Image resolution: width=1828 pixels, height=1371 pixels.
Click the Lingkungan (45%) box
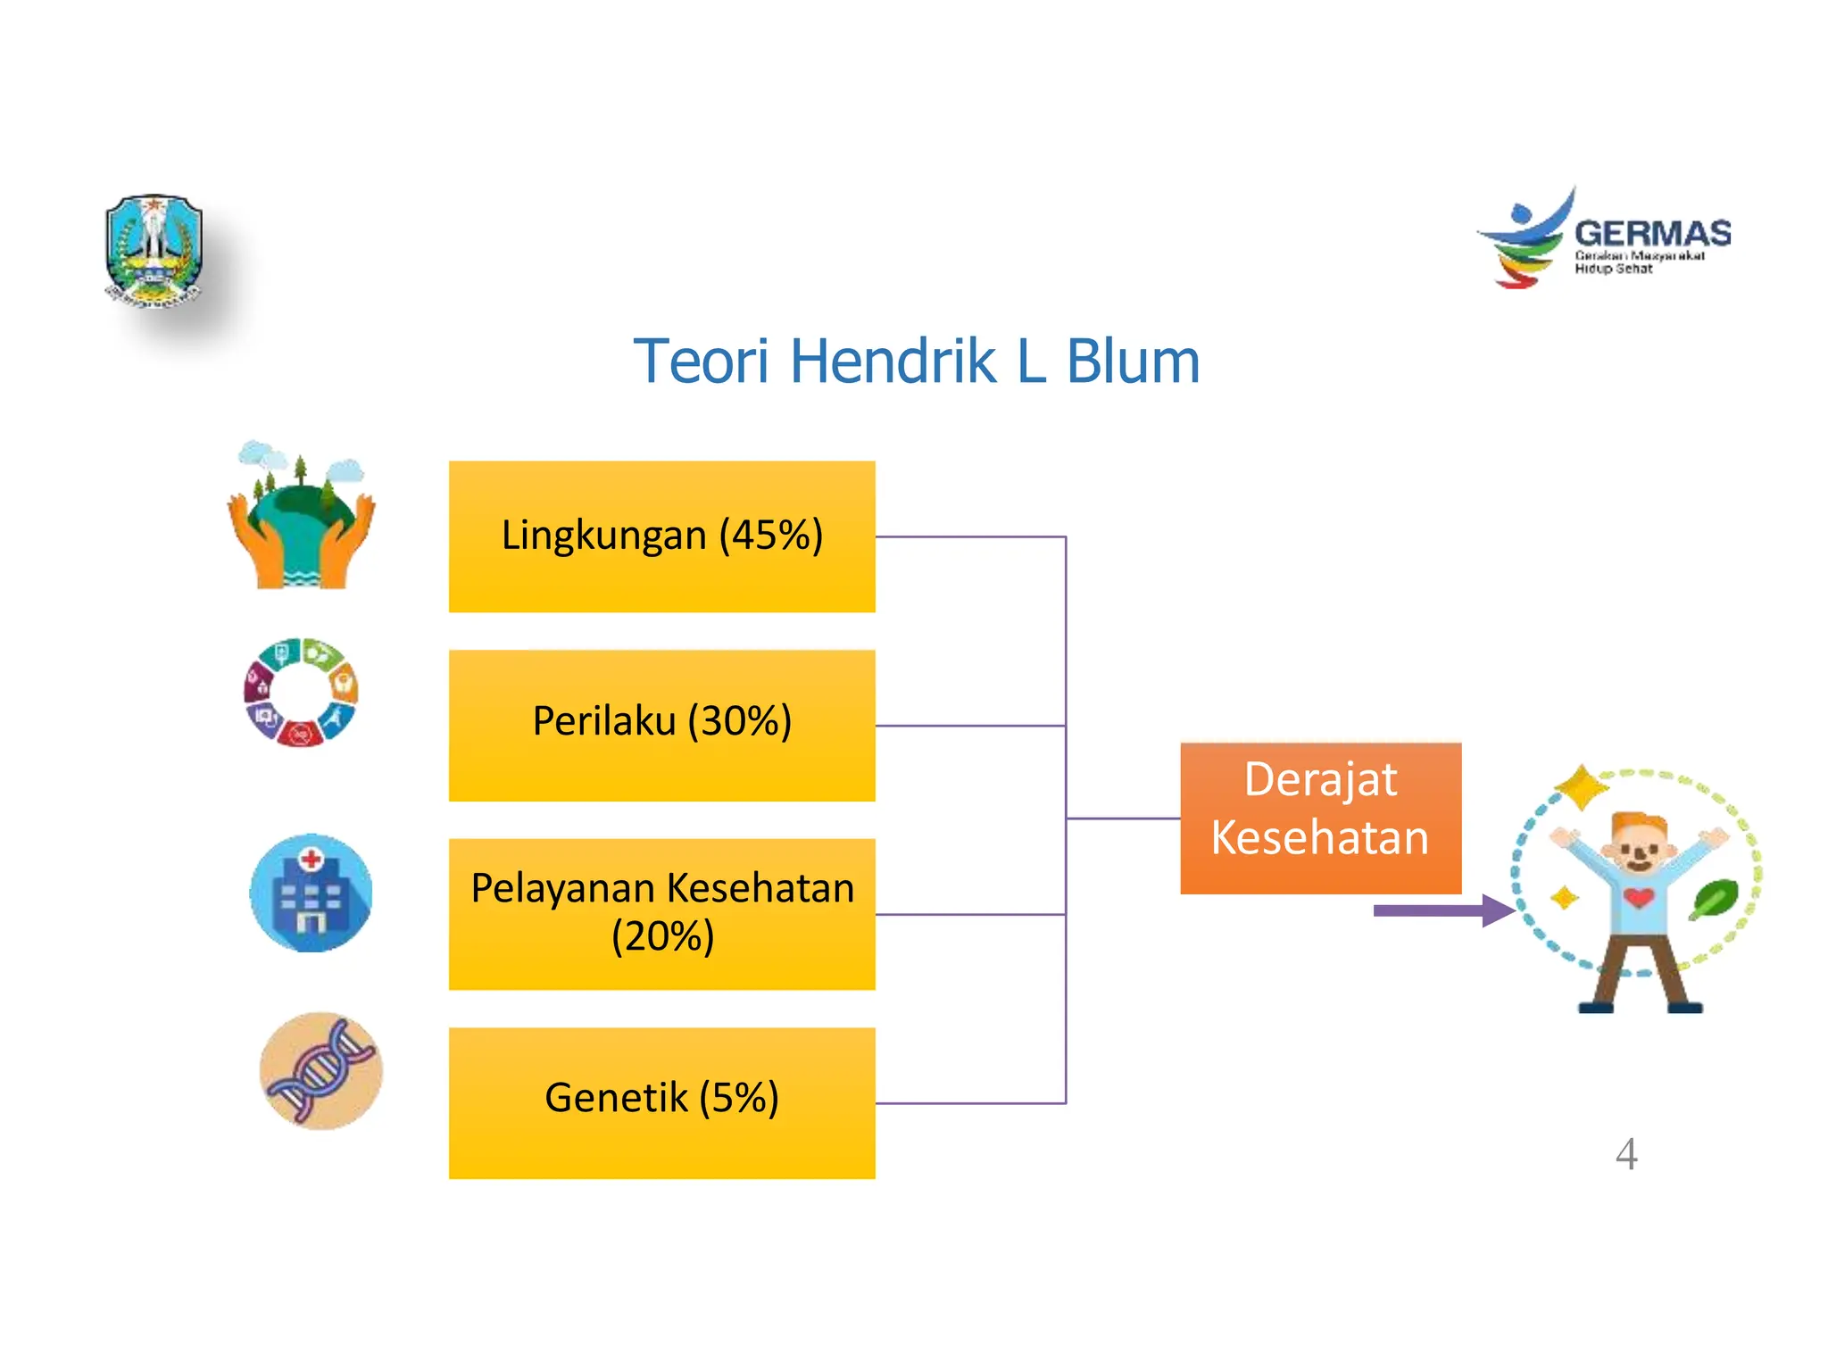tap(661, 536)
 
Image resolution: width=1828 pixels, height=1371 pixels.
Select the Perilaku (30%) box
tap(661, 725)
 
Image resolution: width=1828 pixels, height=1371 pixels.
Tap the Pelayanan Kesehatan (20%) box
tap(661, 913)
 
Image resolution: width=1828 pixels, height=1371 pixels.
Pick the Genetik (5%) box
tap(661, 1102)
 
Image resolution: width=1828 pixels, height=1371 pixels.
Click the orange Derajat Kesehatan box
tap(1320, 817)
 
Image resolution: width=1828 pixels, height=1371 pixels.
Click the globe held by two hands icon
tap(301, 518)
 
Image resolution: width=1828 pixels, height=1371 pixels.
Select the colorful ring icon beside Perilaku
tap(301, 692)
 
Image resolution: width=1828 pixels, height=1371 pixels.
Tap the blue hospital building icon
tap(311, 893)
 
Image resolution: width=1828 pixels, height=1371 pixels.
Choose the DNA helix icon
tap(321, 1070)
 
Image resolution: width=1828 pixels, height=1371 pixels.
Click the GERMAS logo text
tap(1652, 234)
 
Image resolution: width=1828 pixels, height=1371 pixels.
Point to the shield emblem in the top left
tap(154, 251)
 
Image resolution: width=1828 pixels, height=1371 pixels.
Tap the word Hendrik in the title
tap(893, 361)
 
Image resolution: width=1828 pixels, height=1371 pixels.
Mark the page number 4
tap(1626, 1154)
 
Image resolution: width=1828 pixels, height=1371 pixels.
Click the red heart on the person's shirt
tap(1639, 896)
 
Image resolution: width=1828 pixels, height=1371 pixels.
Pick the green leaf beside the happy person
tap(1714, 899)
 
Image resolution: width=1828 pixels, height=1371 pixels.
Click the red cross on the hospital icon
tap(311, 860)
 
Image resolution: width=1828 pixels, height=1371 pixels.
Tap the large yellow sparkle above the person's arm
tap(1581, 787)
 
